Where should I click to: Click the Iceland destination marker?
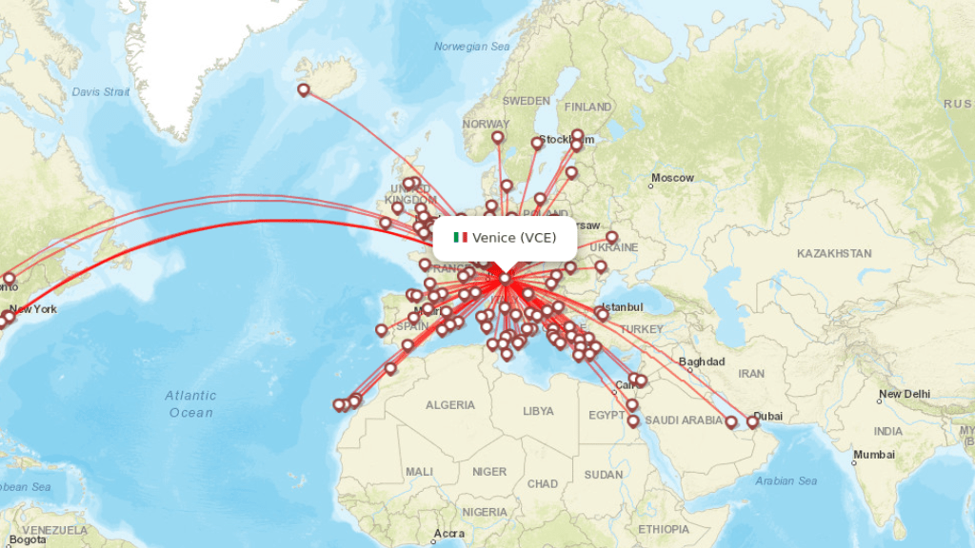pos(304,89)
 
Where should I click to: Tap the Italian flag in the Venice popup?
pos(461,237)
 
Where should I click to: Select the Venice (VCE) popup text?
pos(514,237)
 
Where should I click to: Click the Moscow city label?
pos(673,178)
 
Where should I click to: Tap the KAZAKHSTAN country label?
pos(834,253)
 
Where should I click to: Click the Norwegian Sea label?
pos(472,47)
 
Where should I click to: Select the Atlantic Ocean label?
pos(190,403)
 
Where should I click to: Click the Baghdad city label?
pos(703,362)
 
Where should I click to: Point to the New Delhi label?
pos(904,394)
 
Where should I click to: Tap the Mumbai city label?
pos(874,456)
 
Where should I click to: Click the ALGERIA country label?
pos(450,405)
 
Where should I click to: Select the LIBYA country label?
pos(538,411)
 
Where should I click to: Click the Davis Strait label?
pos(100,92)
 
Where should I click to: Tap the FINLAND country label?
pos(587,107)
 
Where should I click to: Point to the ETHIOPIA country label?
pos(664,529)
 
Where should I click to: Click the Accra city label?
pos(448,534)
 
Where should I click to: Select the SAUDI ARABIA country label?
pos(685,421)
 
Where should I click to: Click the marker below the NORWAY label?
pos(497,137)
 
